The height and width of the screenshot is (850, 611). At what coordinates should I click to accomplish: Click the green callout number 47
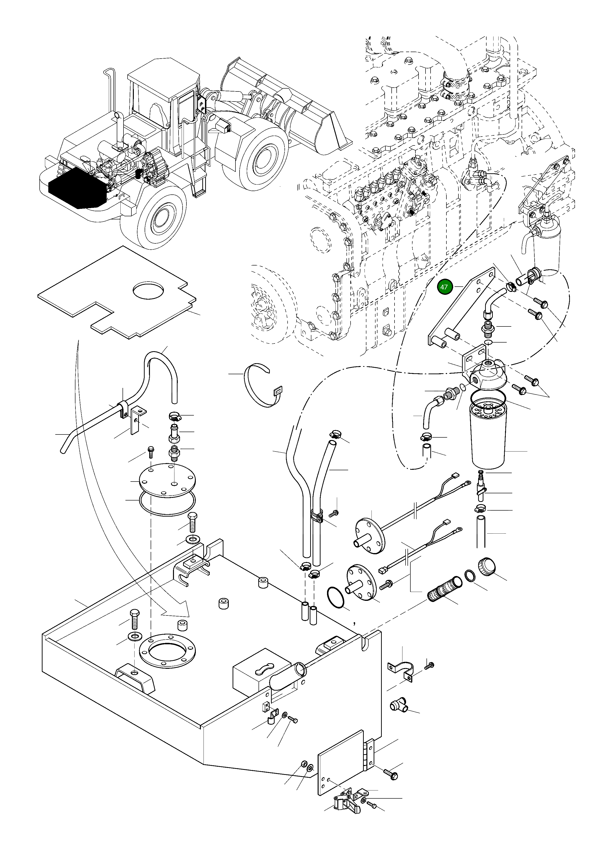click(444, 287)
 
